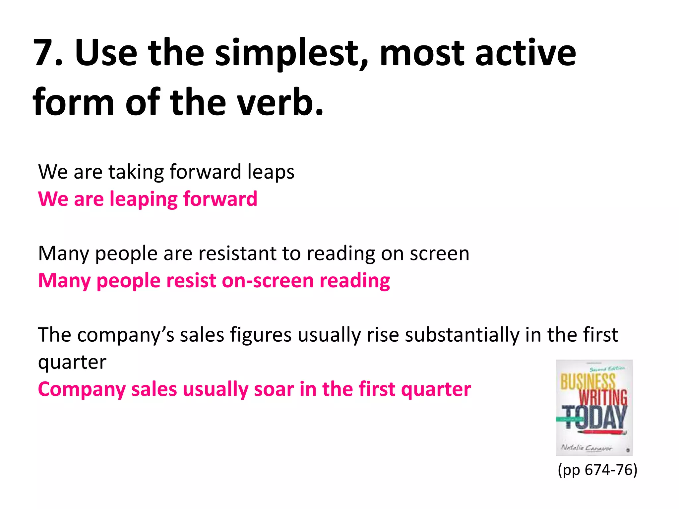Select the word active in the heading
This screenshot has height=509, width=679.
525,53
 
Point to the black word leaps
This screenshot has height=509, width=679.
271,172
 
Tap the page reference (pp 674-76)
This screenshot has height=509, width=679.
597,470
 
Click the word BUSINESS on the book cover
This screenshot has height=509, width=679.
588,382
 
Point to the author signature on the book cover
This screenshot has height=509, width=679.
586,448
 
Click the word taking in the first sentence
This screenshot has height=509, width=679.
136,172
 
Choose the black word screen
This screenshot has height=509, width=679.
439,254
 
